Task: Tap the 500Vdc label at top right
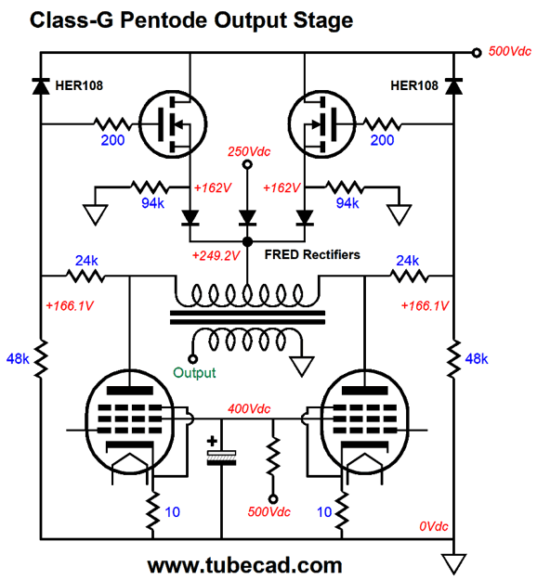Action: pos(510,51)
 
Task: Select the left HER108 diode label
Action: pos(79,85)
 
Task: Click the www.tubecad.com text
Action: pos(244,564)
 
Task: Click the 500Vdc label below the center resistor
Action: pos(273,511)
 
